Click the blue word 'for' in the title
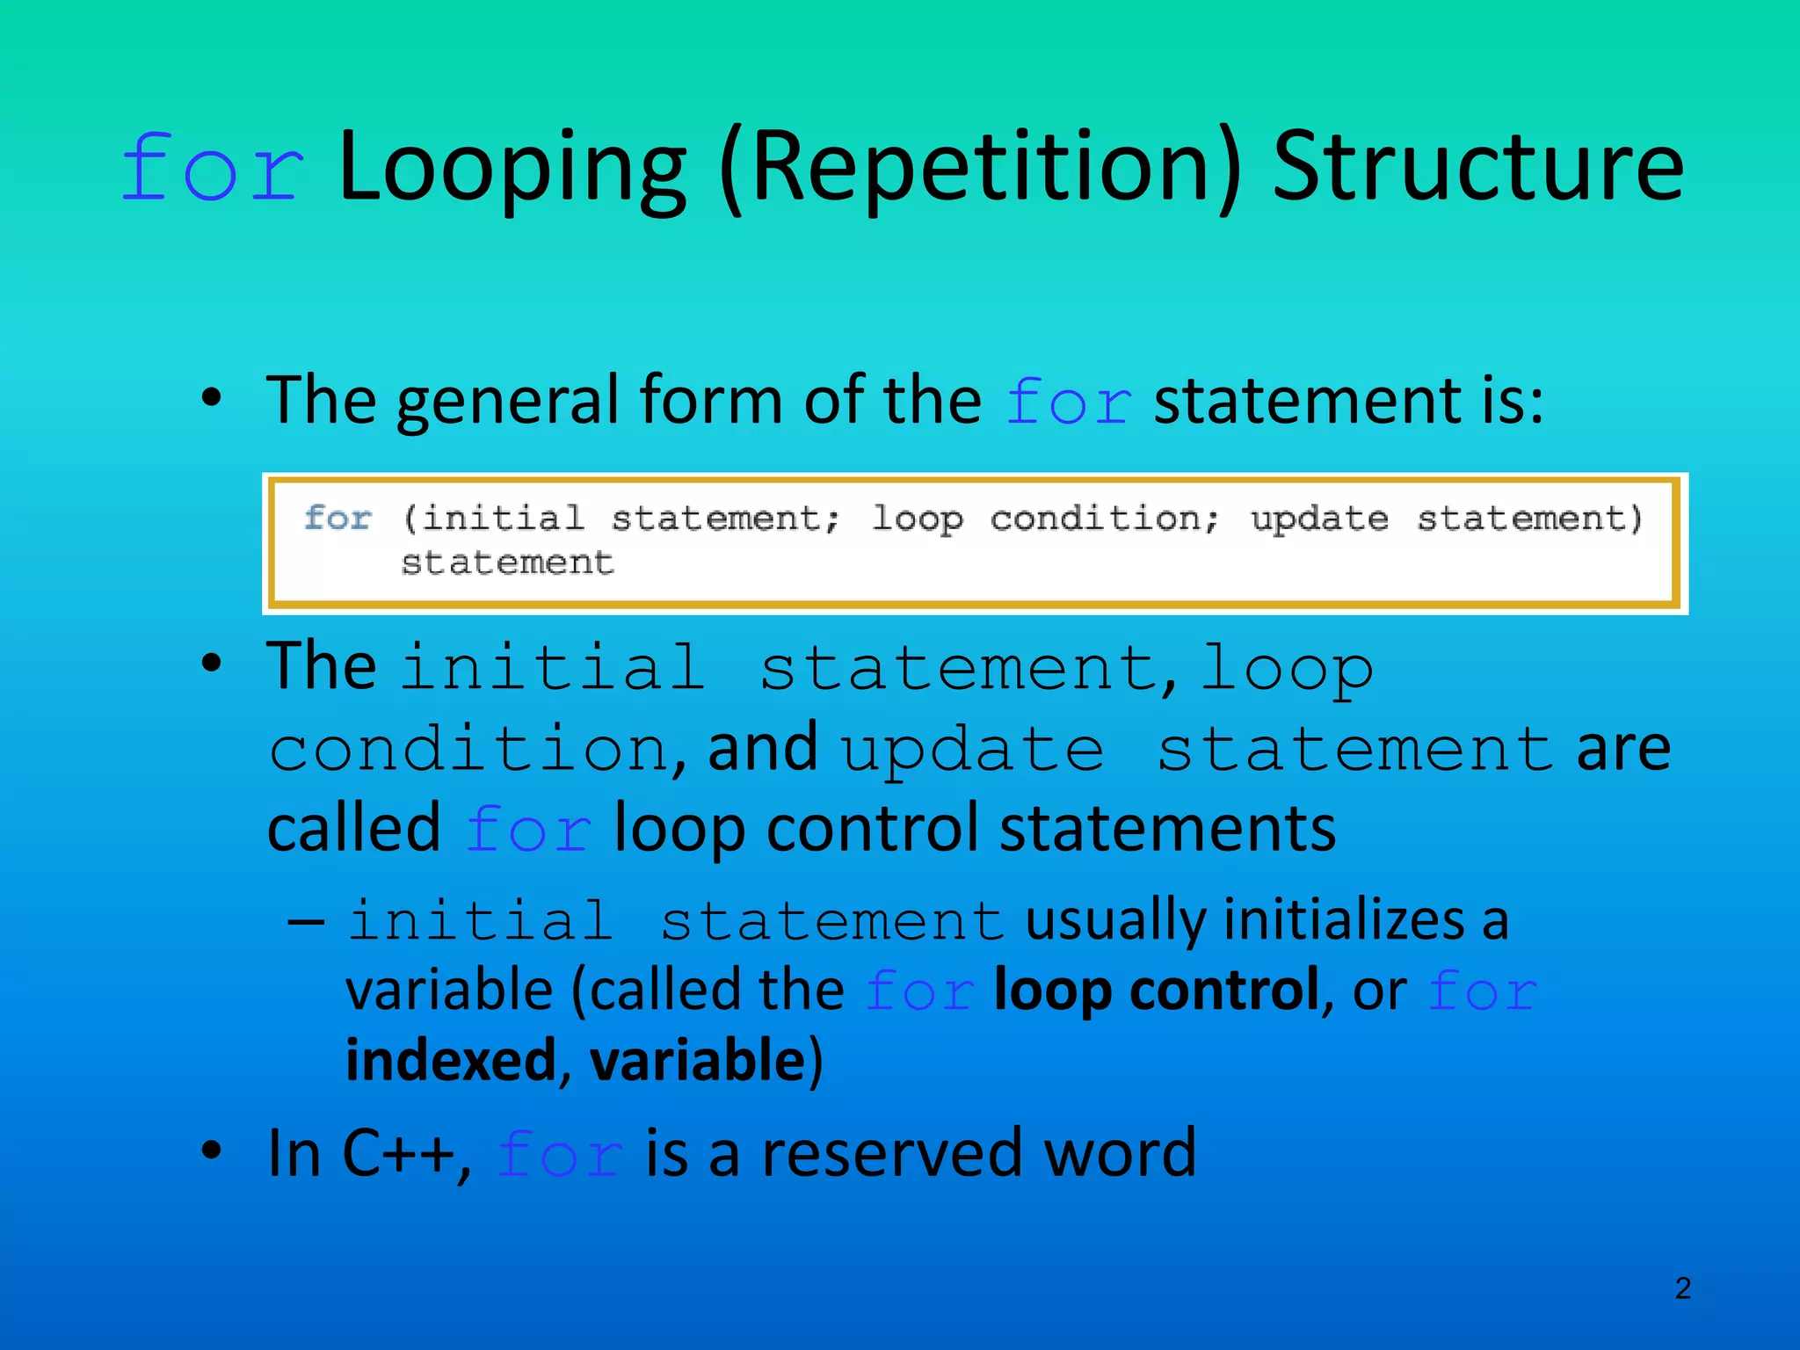tap(213, 169)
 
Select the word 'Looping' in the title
tap(512, 169)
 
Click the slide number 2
tap(1682, 1288)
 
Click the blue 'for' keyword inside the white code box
tap(337, 518)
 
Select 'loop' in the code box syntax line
tap(917, 519)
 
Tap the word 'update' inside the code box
tap(1319, 519)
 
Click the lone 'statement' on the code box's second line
tap(507, 562)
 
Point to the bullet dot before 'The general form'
tap(211, 400)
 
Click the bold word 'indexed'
tap(451, 1060)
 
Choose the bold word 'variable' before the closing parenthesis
tap(697, 1060)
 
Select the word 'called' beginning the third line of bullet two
tap(353, 829)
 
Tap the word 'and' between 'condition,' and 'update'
tap(763, 748)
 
